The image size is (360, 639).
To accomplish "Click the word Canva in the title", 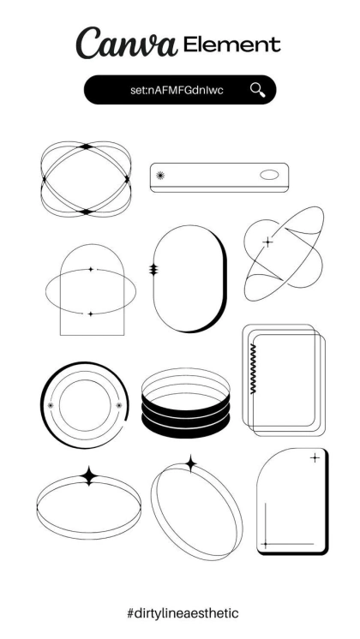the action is point(127,43).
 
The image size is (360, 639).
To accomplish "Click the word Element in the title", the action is point(232,44).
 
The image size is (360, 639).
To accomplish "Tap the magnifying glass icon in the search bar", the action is point(258,90).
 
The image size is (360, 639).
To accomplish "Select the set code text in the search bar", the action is point(177,90).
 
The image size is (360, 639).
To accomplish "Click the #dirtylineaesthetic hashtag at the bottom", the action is point(183,613).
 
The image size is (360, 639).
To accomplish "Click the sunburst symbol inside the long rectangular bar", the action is point(160,176).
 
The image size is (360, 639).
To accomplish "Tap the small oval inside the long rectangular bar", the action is point(269,175).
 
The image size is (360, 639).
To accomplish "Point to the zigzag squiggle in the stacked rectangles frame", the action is point(253,368).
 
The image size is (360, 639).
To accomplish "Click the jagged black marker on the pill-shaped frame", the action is point(153,269).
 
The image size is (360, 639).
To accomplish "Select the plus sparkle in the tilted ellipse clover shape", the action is point(268,242).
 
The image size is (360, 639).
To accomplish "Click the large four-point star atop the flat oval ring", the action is point(89,476).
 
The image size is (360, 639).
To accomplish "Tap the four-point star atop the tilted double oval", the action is point(190,463).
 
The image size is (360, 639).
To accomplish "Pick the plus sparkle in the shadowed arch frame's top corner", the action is point(315,458).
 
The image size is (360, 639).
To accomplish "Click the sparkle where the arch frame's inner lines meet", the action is point(266,544).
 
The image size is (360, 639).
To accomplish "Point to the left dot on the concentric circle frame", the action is point(51,405).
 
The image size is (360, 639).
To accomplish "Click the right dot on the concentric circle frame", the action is point(119,405).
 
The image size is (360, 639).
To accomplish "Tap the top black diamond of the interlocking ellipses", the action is point(86,146).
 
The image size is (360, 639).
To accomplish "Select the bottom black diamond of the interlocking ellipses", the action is point(86,212).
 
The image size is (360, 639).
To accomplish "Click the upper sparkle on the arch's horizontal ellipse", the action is point(91,269).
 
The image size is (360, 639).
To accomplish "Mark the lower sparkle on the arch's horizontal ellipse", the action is point(91,314).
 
